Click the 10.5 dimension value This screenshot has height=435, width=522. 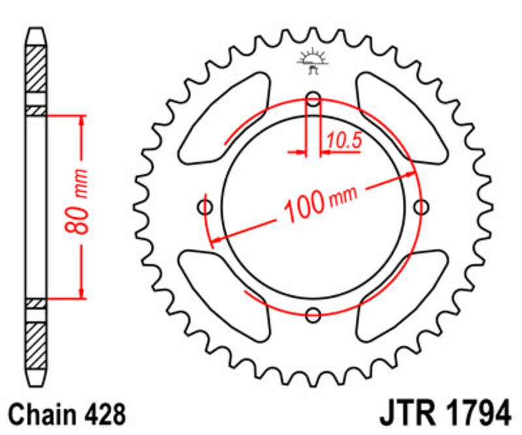(345, 139)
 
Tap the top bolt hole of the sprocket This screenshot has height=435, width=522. (314, 101)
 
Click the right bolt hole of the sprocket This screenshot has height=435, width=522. (422, 208)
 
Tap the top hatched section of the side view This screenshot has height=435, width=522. (37, 69)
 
